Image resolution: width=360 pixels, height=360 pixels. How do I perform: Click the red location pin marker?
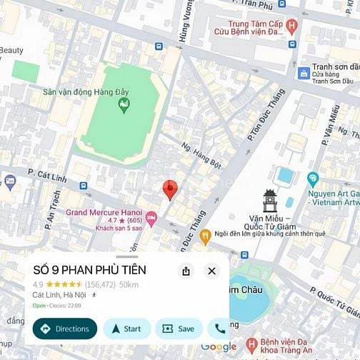click(170, 190)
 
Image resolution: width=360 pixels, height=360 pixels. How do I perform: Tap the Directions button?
click(64, 329)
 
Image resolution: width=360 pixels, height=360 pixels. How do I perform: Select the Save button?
click(179, 329)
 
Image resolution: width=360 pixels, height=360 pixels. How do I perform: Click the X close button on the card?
click(211, 271)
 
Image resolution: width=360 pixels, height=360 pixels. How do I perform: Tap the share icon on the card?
click(186, 271)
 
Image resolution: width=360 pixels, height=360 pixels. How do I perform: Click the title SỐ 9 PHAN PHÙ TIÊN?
click(90, 270)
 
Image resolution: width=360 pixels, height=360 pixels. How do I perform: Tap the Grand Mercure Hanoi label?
click(104, 212)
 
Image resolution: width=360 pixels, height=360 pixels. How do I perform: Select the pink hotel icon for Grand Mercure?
click(151, 216)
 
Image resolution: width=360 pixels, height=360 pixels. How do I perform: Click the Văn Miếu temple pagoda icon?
click(270, 201)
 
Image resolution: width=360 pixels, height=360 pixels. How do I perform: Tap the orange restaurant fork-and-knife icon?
click(206, 234)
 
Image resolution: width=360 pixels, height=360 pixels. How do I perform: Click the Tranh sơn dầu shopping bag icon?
click(304, 72)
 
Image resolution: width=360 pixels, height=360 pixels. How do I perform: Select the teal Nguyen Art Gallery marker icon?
click(312, 179)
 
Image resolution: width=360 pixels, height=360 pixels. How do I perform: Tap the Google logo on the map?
click(219, 347)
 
